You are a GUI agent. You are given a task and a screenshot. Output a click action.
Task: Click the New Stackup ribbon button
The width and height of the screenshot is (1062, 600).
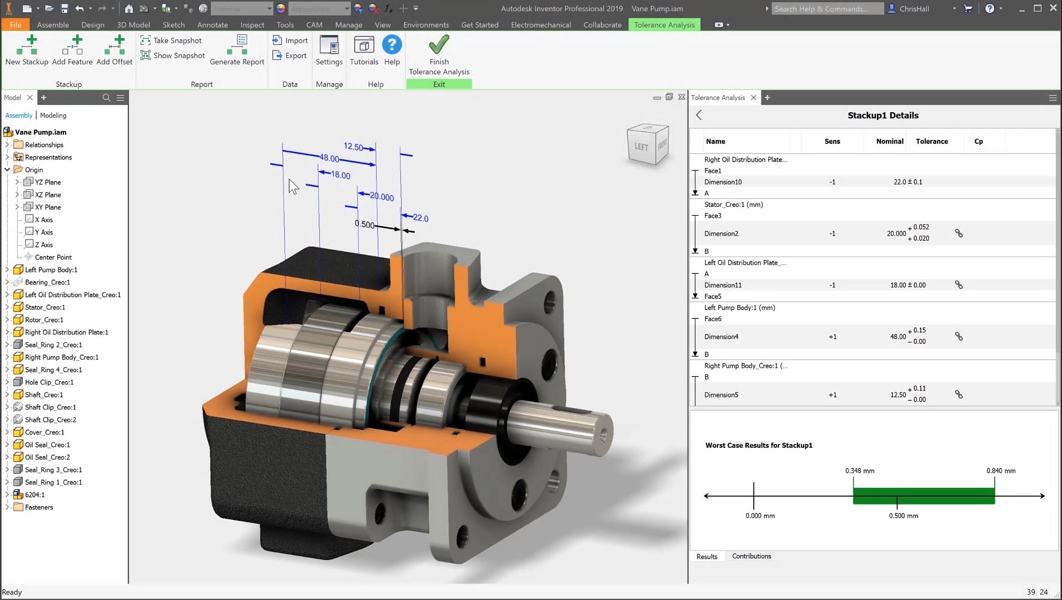(27, 50)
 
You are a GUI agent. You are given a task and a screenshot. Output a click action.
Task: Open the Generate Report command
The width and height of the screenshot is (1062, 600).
(238, 50)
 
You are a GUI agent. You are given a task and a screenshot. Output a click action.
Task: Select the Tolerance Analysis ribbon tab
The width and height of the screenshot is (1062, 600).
(664, 24)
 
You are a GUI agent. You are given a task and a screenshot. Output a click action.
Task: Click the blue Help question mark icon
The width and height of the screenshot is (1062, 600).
(392, 45)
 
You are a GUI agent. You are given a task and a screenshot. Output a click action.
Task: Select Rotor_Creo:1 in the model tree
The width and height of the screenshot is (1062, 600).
(44, 319)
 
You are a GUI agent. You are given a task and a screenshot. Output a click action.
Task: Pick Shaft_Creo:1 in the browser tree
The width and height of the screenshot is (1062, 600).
(44, 394)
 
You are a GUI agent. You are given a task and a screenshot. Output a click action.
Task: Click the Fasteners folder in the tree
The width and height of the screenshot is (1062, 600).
(39, 507)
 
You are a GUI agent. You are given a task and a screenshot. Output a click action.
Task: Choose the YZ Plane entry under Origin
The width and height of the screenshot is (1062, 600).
(48, 182)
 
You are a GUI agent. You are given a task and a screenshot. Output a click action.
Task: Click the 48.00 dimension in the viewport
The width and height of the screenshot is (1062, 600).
(329, 158)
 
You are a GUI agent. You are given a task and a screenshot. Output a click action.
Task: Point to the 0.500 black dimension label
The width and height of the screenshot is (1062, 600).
(364, 224)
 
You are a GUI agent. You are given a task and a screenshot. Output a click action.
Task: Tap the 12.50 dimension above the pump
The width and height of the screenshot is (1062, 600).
(353, 147)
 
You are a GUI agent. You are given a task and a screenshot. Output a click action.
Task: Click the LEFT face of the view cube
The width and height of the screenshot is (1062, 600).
(642, 147)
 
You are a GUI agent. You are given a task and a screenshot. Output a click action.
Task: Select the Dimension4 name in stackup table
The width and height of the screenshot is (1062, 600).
(721, 337)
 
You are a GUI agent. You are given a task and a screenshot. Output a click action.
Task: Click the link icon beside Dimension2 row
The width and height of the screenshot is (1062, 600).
(959, 233)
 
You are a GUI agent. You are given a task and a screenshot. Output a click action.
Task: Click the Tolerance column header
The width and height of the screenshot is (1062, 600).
(931, 141)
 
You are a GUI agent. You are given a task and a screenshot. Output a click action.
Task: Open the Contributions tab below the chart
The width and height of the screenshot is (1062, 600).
(751, 556)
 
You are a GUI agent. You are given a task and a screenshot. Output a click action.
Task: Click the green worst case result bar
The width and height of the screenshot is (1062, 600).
(923, 496)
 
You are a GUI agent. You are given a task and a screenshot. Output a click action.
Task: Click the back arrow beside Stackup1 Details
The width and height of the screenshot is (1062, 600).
(699, 115)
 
